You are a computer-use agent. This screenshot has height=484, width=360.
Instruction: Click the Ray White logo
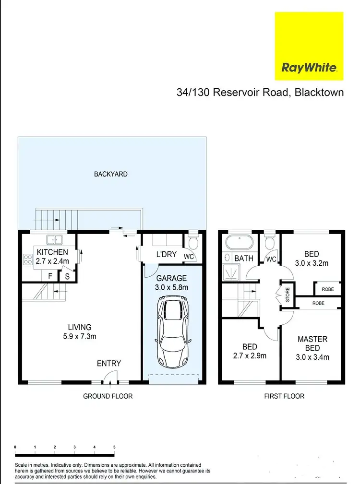click(x=309, y=46)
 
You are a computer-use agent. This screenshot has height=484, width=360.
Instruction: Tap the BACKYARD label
click(x=110, y=174)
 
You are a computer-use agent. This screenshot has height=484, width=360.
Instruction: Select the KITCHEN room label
click(x=52, y=252)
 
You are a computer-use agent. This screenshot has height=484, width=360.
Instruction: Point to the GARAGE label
click(x=171, y=278)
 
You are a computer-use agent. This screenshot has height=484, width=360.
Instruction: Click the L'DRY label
click(x=166, y=254)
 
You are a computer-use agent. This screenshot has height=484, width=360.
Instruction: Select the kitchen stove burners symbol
click(x=27, y=260)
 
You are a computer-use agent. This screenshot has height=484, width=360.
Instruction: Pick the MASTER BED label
click(x=312, y=343)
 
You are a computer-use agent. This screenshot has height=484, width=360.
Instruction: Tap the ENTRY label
click(x=109, y=364)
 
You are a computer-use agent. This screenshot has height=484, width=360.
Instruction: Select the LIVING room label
click(x=79, y=327)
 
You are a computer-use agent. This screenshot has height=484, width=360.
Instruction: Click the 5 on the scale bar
click(x=114, y=447)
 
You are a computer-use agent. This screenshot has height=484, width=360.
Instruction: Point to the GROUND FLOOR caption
click(x=108, y=396)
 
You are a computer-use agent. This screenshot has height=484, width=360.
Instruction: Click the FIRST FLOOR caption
click(x=284, y=396)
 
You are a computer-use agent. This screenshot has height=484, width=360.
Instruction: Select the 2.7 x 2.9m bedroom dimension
click(x=250, y=356)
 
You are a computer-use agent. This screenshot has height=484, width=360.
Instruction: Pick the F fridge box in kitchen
click(x=49, y=276)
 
